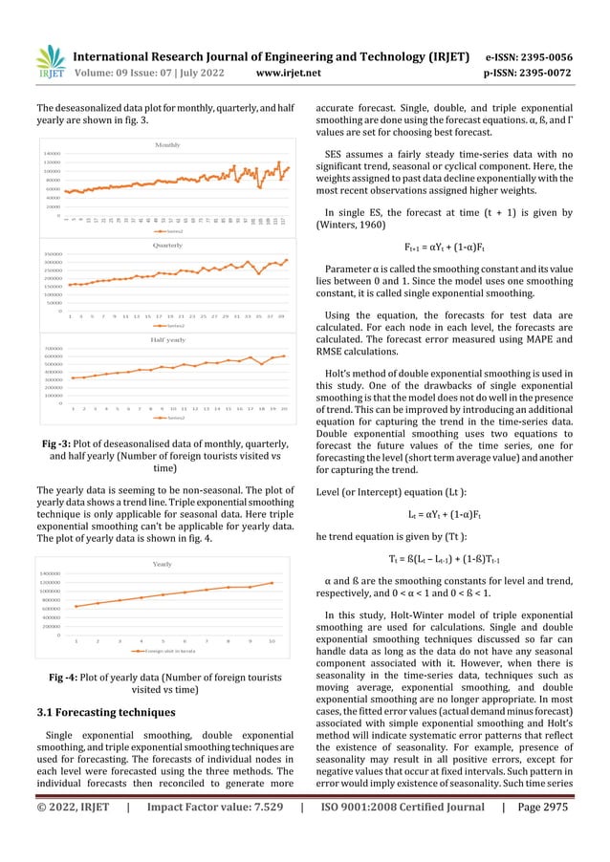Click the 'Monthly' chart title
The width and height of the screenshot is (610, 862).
(x=168, y=144)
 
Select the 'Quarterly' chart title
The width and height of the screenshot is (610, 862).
(x=168, y=246)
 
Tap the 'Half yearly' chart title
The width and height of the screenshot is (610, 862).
(x=168, y=339)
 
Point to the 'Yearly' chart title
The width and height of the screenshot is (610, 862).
(x=168, y=565)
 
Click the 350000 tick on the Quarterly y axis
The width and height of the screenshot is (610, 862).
(x=53, y=254)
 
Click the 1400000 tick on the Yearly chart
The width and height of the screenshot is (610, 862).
(x=53, y=573)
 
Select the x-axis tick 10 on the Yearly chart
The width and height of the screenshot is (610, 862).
(x=272, y=640)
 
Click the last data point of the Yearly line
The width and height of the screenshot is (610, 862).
(x=272, y=582)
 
